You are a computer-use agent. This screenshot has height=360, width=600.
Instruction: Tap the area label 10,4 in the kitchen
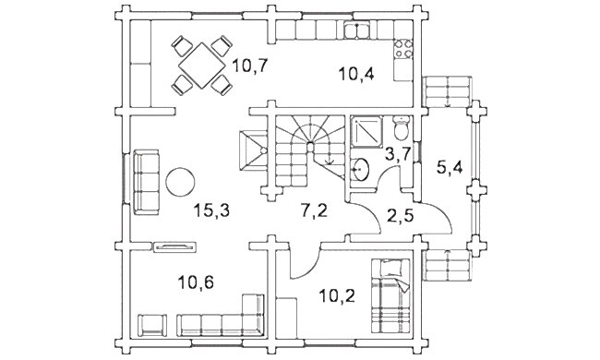point(356,74)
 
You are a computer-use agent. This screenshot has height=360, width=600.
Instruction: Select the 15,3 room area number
point(211,210)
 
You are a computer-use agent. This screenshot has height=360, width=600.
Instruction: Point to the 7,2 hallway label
point(314,210)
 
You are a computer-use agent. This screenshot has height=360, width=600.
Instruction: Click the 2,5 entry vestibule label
point(400,216)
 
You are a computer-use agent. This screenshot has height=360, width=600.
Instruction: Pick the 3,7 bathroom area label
point(398,155)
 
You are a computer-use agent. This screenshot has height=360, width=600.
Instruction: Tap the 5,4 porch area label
point(450,168)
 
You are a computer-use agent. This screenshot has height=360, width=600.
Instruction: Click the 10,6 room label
point(196,282)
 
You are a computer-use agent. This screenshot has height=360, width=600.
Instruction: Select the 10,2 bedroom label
point(337,295)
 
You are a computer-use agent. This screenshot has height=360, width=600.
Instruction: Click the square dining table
point(201,66)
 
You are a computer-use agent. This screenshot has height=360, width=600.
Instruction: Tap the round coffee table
point(180,182)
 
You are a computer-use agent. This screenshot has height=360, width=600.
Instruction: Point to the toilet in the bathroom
point(402,128)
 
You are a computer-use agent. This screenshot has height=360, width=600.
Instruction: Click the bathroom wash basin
point(360,169)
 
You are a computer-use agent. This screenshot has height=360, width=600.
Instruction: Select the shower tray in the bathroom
point(366,132)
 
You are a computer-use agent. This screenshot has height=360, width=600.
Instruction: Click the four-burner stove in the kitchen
point(403,49)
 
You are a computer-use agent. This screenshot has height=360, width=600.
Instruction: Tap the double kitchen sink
point(357,30)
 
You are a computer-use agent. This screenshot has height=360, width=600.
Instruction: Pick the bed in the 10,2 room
point(390,295)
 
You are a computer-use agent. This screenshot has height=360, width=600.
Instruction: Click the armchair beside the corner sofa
point(152,325)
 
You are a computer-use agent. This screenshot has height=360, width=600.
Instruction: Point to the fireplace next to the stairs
point(253,150)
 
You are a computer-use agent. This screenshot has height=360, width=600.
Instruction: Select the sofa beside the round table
point(146,182)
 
